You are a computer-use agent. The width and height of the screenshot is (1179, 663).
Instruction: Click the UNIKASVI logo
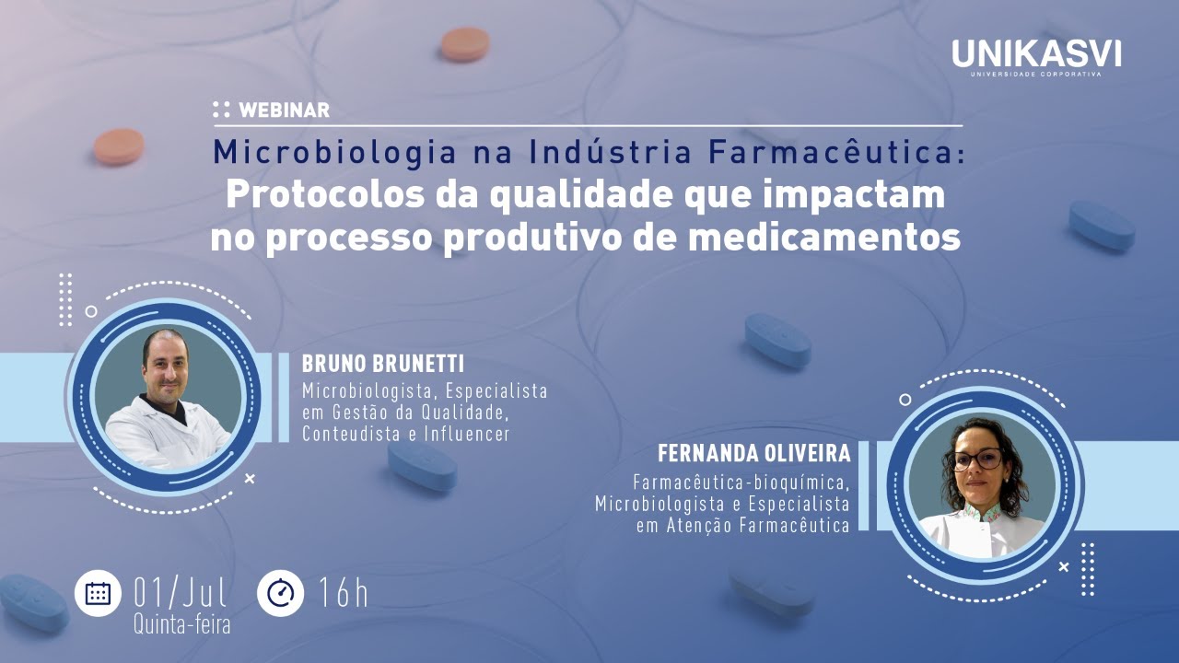tap(1036, 56)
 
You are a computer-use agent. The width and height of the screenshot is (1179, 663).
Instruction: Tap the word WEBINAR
tap(284, 110)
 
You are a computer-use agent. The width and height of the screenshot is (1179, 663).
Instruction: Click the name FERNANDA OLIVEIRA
tap(754, 455)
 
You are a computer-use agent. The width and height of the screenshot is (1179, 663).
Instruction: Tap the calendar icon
tap(98, 593)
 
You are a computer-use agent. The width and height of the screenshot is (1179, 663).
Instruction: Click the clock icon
tap(280, 593)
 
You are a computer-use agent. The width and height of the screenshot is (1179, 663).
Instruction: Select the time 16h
tap(343, 593)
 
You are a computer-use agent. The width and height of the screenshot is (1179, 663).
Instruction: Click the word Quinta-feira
tap(181, 624)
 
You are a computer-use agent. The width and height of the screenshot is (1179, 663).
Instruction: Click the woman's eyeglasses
tap(976, 459)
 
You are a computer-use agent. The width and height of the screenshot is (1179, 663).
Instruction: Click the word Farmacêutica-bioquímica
tap(741, 482)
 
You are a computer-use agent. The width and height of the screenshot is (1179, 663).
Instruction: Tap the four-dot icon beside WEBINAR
tap(221, 110)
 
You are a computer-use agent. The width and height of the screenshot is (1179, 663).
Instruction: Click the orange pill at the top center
tap(464, 43)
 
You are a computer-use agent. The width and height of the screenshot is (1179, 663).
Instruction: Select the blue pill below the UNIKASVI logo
tap(1102, 225)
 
